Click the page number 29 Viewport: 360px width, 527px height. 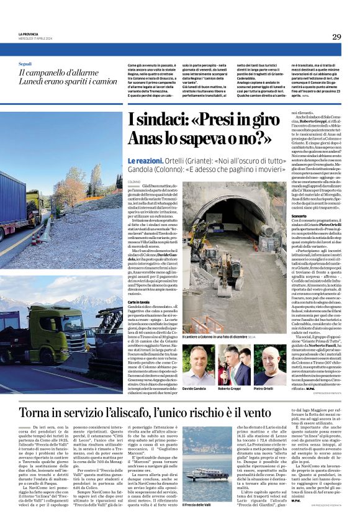[x=336, y=37]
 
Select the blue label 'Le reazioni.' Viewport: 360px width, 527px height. [x=145, y=160]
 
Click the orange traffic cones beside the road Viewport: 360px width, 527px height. [x=47, y=238]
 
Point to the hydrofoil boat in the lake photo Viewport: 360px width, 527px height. [x=207, y=475]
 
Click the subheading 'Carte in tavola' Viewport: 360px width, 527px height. [x=140, y=301]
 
